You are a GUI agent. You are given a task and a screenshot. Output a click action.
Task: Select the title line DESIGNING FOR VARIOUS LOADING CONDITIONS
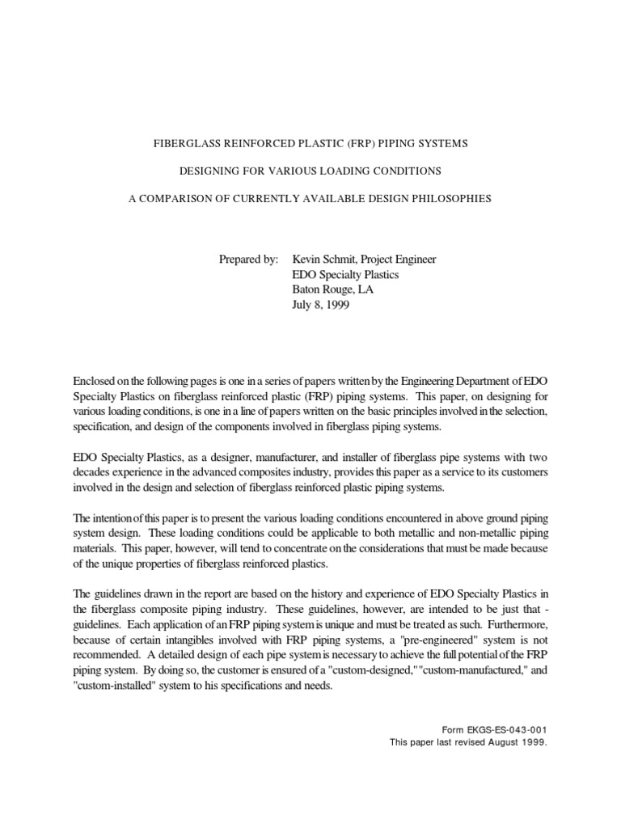pyautogui.click(x=310, y=171)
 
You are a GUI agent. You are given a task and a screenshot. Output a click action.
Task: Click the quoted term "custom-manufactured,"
pyautogui.click(x=457, y=670)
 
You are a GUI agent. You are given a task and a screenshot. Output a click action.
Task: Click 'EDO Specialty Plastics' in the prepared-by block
pyautogui.click(x=345, y=275)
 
